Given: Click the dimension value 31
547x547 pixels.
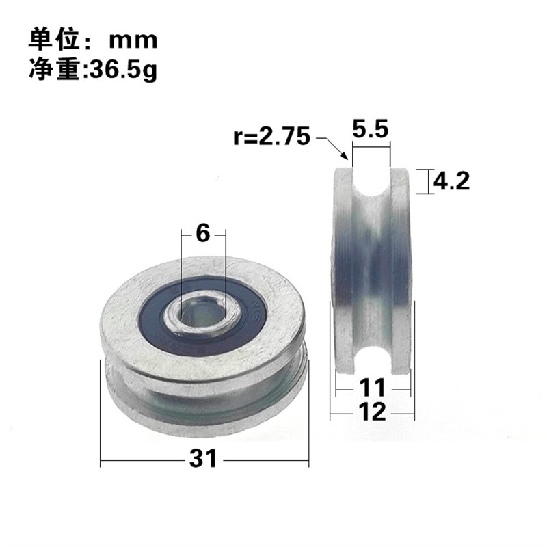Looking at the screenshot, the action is point(203,458).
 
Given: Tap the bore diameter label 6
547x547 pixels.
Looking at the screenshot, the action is point(203,233).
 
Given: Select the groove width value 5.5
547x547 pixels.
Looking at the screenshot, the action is point(370,129).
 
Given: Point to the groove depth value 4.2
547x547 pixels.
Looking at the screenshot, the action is point(451,181).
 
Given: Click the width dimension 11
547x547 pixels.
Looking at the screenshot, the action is point(372,388).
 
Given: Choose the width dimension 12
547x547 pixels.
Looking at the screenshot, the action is point(372,412).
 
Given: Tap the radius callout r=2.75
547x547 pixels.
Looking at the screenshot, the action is point(271,136).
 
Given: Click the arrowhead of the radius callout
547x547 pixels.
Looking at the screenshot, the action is point(347,158).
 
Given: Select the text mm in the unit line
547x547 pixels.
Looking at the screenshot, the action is point(133,40).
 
